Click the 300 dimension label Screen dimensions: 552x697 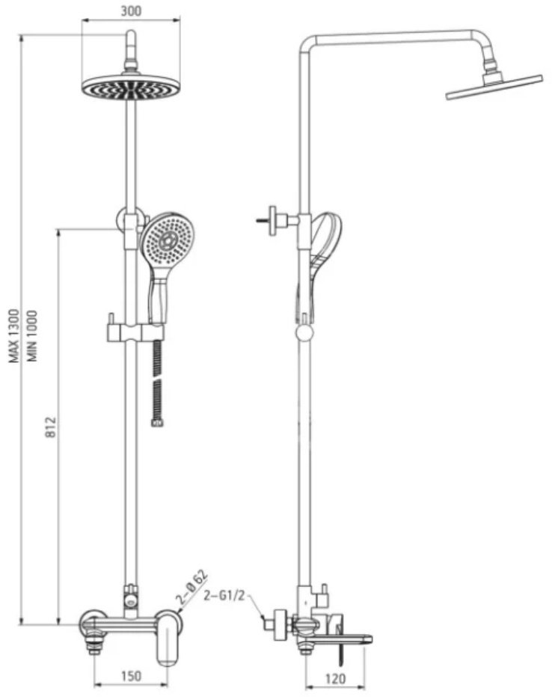pos(131,10)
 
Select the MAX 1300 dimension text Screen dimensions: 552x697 pos(15,336)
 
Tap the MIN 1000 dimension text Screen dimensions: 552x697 pos(32,336)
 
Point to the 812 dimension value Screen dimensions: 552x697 pos(52,427)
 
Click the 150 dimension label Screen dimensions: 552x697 pos(131,676)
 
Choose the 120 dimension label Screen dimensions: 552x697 pos(335,679)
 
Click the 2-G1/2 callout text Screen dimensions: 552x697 pos(224,596)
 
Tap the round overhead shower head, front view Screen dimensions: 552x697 pos(131,86)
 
